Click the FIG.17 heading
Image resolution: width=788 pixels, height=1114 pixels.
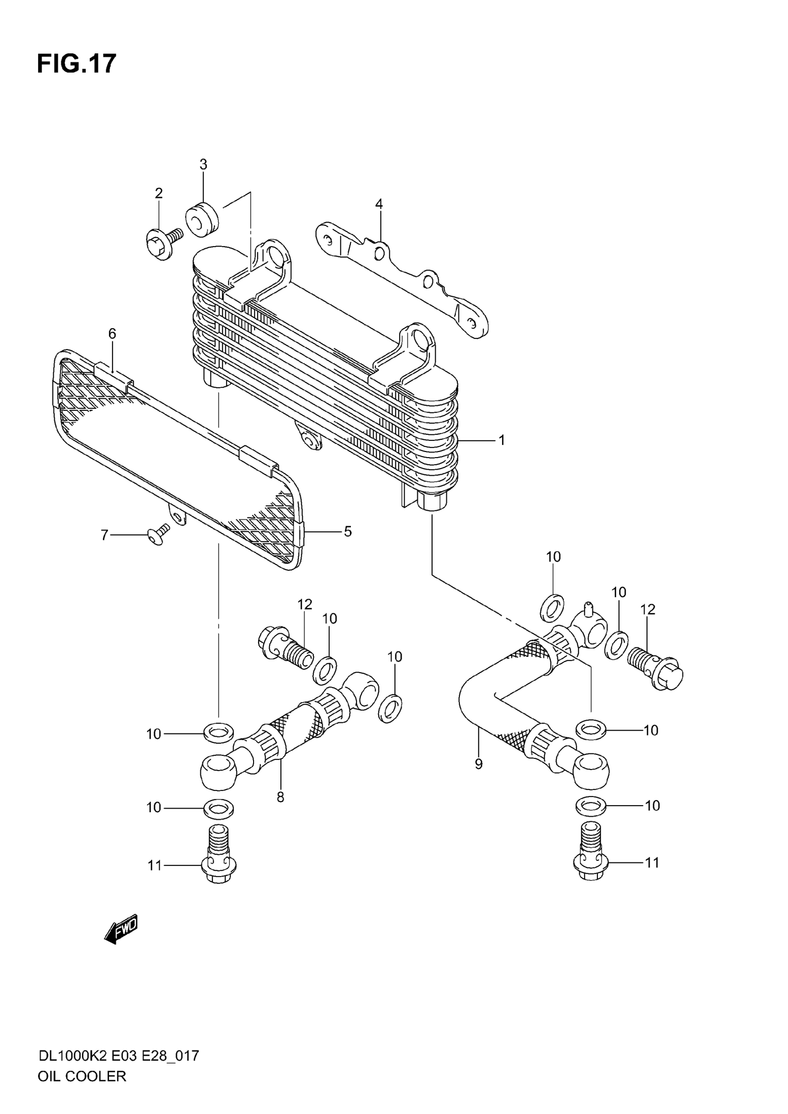[x=76, y=64]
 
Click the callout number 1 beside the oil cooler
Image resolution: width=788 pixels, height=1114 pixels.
[x=502, y=440]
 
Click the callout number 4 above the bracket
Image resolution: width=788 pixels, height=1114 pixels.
[x=379, y=204]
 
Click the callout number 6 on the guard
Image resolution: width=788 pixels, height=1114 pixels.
[x=112, y=333]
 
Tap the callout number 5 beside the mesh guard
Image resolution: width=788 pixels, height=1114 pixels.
[x=348, y=531]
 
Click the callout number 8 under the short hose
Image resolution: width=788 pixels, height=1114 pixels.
[x=280, y=797]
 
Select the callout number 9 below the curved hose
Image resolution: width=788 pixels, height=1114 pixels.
[x=478, y=764]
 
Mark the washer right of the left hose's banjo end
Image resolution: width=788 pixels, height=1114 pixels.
[x=390, y=708]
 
